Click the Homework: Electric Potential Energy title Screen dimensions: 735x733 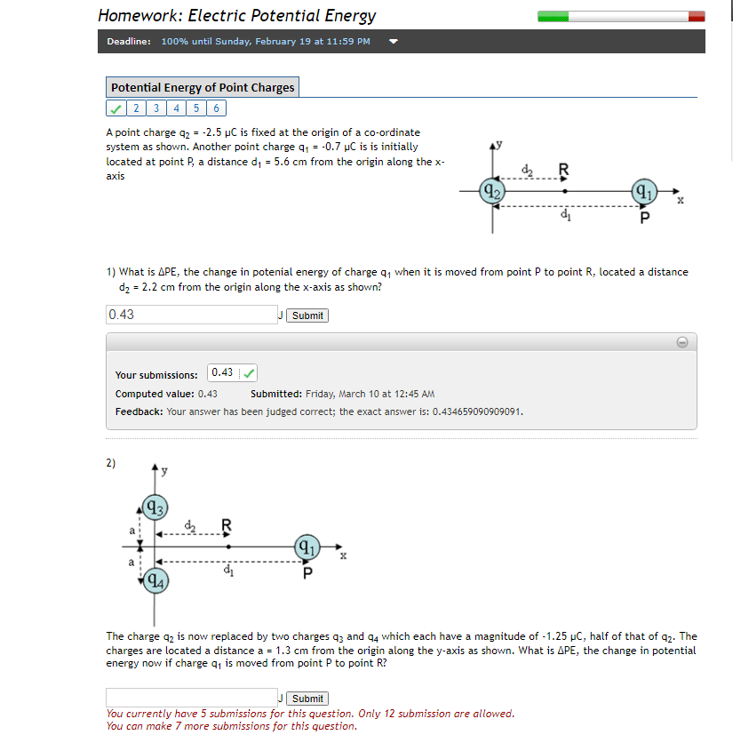tap(236, 16)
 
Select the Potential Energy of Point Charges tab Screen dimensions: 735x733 tap(203, 87)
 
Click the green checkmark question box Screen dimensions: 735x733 tap(116, 108)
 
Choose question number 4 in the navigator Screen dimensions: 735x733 tap(178, 108)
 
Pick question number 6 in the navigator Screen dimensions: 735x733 tap(217, 108)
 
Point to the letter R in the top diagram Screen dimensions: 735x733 tap(563, 169)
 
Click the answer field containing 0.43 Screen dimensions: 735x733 tap(191, 315)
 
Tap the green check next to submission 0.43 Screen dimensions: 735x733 tap(250, 372)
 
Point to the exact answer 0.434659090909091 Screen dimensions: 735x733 tap(478, 412)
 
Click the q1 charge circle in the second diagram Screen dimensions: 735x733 tap(307, 546)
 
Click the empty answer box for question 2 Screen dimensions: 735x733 tap(191, 698)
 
